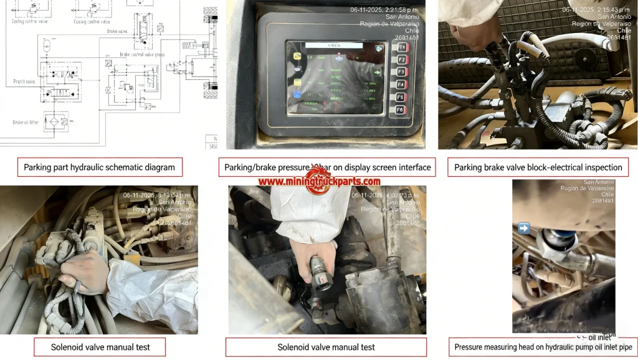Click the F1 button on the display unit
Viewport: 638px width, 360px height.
[401, 47]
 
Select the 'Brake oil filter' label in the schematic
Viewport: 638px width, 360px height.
[26, 122]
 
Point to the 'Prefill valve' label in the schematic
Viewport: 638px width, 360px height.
[24, 82]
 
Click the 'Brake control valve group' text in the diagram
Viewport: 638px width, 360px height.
[143, 55]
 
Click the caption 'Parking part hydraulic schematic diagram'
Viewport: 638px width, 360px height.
[100, 167]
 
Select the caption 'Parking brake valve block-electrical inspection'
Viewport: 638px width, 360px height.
[538, 167]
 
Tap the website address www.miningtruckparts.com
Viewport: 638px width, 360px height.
[319, 181]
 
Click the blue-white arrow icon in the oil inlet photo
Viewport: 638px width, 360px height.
[523, 229]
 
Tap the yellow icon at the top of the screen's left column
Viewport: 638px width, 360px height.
[298, 57]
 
